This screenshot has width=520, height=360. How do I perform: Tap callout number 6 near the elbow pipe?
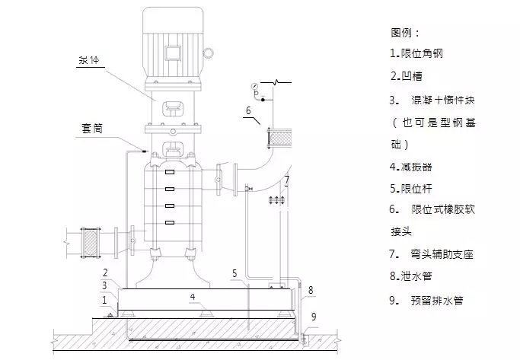[x=248, y=111]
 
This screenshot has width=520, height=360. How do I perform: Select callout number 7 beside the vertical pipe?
[x=286, y=180]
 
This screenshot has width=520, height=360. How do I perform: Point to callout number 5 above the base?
[x=235, y=272]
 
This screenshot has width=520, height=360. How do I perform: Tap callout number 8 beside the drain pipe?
[x=311, y=289]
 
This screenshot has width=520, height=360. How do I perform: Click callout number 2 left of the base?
[x=106, y=272]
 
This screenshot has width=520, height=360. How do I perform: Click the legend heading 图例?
[x=405, y=33]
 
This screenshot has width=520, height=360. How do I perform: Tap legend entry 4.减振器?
[x=411, y=166]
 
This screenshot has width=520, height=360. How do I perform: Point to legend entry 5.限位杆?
[x=411, y=187]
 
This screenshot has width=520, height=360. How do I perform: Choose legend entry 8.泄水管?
[x=411, y=277]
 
